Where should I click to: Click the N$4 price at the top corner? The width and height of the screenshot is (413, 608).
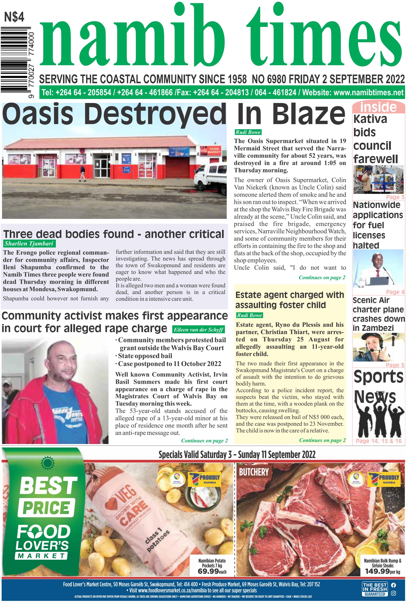click(x=14, y=17)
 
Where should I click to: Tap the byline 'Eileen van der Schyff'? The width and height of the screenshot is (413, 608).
click(x=198, y=330)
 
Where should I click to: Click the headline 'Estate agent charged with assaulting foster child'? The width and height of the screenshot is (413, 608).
click(x=289, y=300)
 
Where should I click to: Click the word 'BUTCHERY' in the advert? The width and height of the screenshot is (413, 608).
click(x=254, y=472)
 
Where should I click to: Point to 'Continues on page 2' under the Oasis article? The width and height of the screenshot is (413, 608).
click(x=322, y=277)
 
